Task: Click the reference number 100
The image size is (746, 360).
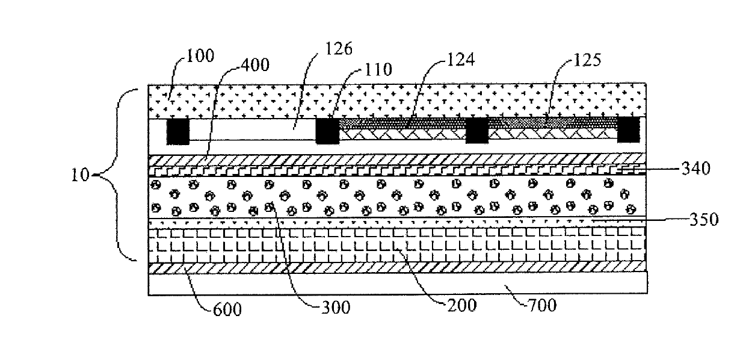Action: pyautogui.click(x=200, y=55)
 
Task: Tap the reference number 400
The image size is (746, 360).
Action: pyautogui.click(x=254, y=64)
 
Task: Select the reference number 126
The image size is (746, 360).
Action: pyautogui.click(x=338, y=49)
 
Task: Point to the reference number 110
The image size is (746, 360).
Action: pyautogui.click(x=378, y=70)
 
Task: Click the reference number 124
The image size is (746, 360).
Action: pyautogui.click(x=461, y=60)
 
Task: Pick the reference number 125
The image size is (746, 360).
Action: pyautogui.click(x=587, y=60)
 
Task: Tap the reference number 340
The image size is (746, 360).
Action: pyautogui.click(x=696, y=169)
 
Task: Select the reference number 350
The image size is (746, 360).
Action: pyautogui.click(x=704, y=219)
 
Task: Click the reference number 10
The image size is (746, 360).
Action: pyautogui.click(x=81, y=175)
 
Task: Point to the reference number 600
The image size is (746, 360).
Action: pyautogui.click(x=227, y=309)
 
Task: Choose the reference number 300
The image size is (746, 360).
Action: pyautogui.click(x=335, y=308)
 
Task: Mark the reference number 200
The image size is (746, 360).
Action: pyautogui.click(x=461, y=305)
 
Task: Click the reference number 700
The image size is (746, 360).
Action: pyautogui.click(x=542, y=305)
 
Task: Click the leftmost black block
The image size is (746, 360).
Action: pyautogui.click(x=178, y=131)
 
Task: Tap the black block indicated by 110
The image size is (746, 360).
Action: pyautogui.click(x=327, y=131)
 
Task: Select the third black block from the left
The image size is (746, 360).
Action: pyautogui.click(x=476, y=130)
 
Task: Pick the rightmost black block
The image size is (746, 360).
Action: pyautogui.click(x=629, y=129)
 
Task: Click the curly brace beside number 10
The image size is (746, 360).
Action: pyautogui.click(x=117, y=175)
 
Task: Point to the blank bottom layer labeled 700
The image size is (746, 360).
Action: pyautogui.click(x=398, y=284)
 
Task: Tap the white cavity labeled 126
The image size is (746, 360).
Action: pyautogui.click(x=253, y=129)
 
